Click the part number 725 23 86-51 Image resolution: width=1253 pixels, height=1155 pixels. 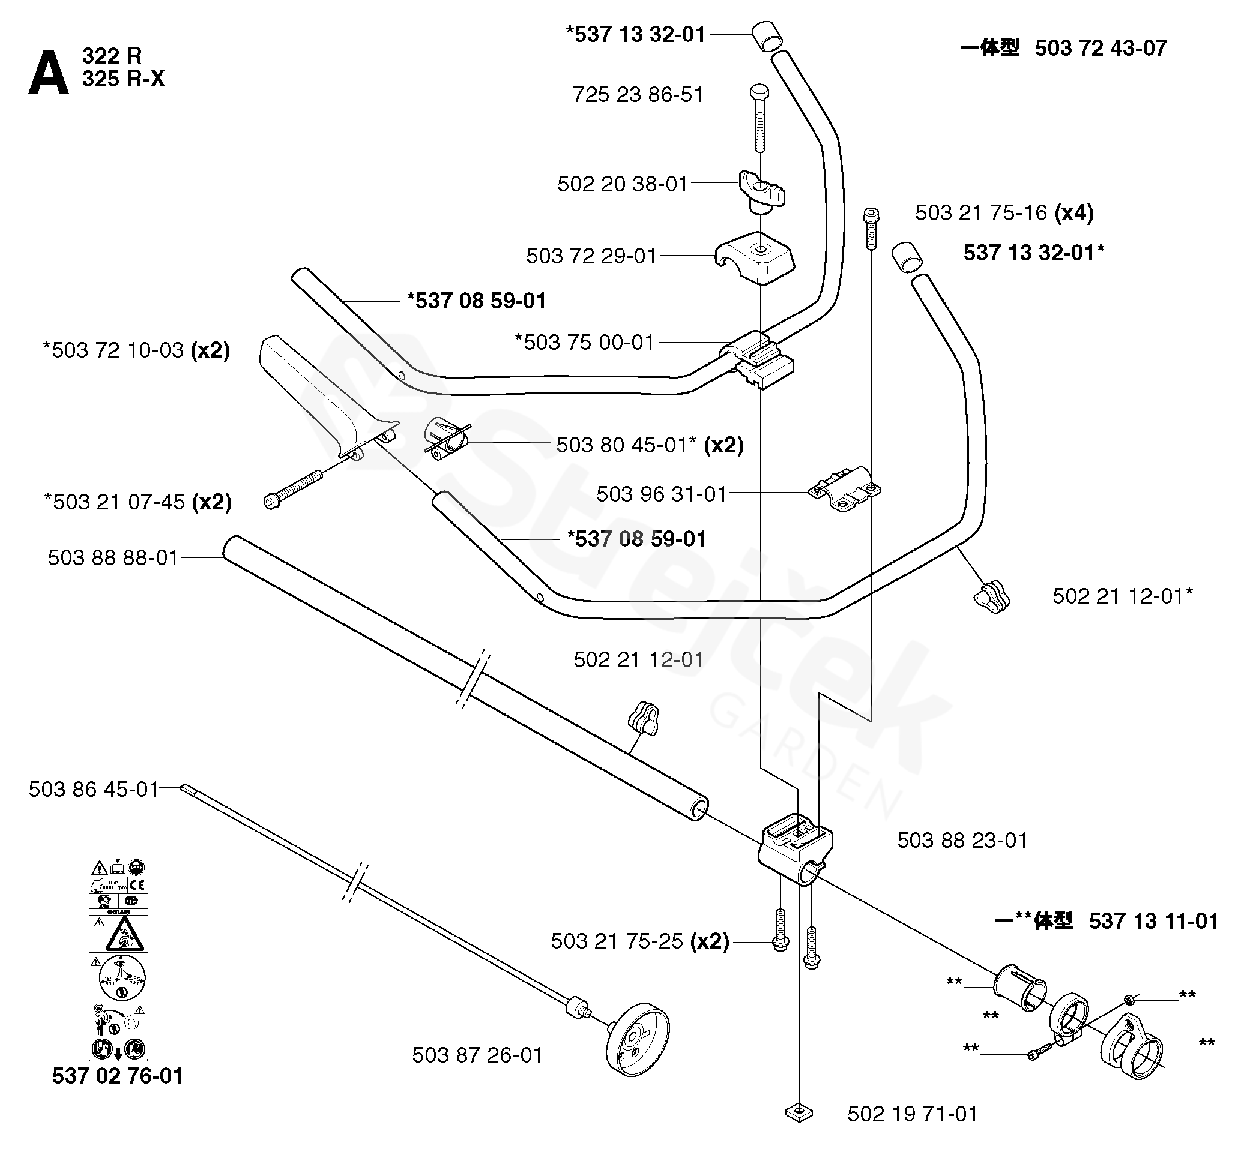coord(638,95)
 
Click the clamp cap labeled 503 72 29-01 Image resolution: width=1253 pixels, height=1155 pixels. coord(755,256)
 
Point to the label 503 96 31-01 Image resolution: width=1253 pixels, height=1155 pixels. coord(662,494)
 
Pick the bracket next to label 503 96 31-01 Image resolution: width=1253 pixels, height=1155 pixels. coord(845,489)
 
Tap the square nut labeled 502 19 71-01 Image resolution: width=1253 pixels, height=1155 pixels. coord(799,1112)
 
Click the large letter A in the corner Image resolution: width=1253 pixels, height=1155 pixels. coord(48,74)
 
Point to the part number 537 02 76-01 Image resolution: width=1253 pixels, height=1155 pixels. coord(118,1076)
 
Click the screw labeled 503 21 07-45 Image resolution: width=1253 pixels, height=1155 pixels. coord(294,490)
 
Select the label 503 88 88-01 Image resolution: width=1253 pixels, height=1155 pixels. coord(113,557)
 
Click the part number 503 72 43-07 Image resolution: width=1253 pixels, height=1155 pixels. coord(1101,48)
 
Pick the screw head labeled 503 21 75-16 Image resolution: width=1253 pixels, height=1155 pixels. coord(870,215)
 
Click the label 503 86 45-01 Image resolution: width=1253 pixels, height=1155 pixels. coord(94,790)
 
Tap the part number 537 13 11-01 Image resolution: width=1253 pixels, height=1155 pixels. coord(1153,920)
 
